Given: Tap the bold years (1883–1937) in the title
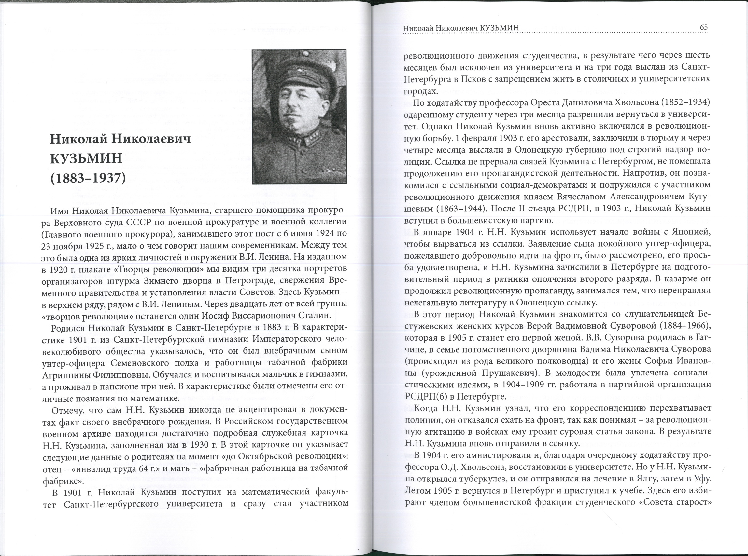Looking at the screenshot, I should click(88, 178).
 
